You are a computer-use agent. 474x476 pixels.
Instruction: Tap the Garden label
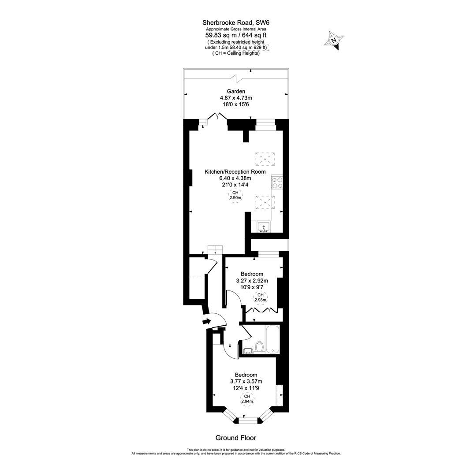pyautogui.click(x=236, y=91)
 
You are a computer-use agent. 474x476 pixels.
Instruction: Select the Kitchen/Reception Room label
pyautogui.click(x=235, y=171)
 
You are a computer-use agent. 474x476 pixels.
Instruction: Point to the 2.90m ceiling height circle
pyautogui.click(x=235, y=196)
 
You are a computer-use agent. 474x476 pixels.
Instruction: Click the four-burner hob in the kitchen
pyautogui.click(x=277, y=182)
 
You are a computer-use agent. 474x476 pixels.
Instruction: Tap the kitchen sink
pyautogui.click(x=264, y=227)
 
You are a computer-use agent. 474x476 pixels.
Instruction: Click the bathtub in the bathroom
pyautogui.click(x=272, y=339)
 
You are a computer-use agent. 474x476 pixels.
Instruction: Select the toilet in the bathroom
pyautogui.click(x=259, y=347)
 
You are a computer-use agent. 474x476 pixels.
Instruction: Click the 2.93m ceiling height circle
pyautogui.click(x=260, y=297)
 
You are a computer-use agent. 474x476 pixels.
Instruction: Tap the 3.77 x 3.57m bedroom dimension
pyautogui.click(x=246, y=382)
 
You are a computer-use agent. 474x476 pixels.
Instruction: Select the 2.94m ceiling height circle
pyautogui.click(x=247, y=399)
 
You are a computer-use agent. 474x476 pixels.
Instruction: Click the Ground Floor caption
pyautogui.click(x=235, y=438)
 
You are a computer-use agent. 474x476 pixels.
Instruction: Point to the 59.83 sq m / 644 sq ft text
pyautogui.click(x=235, y=35)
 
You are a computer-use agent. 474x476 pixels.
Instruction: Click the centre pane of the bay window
pyautogui.click(x=250, y=421)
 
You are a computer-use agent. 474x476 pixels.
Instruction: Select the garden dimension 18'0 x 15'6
pyautogui.click(x=236, y=104)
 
